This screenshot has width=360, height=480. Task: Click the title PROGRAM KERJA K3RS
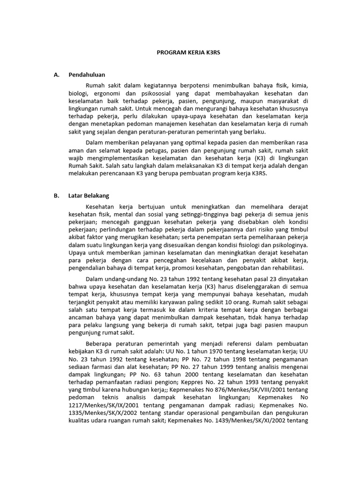[188, 53]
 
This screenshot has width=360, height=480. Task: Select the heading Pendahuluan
[87, 75]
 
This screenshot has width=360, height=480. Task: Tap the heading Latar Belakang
[89, 195]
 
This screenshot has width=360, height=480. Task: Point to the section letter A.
[56, 75]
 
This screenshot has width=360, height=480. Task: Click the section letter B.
[56, 195]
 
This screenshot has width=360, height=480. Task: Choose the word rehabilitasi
[286, 268]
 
